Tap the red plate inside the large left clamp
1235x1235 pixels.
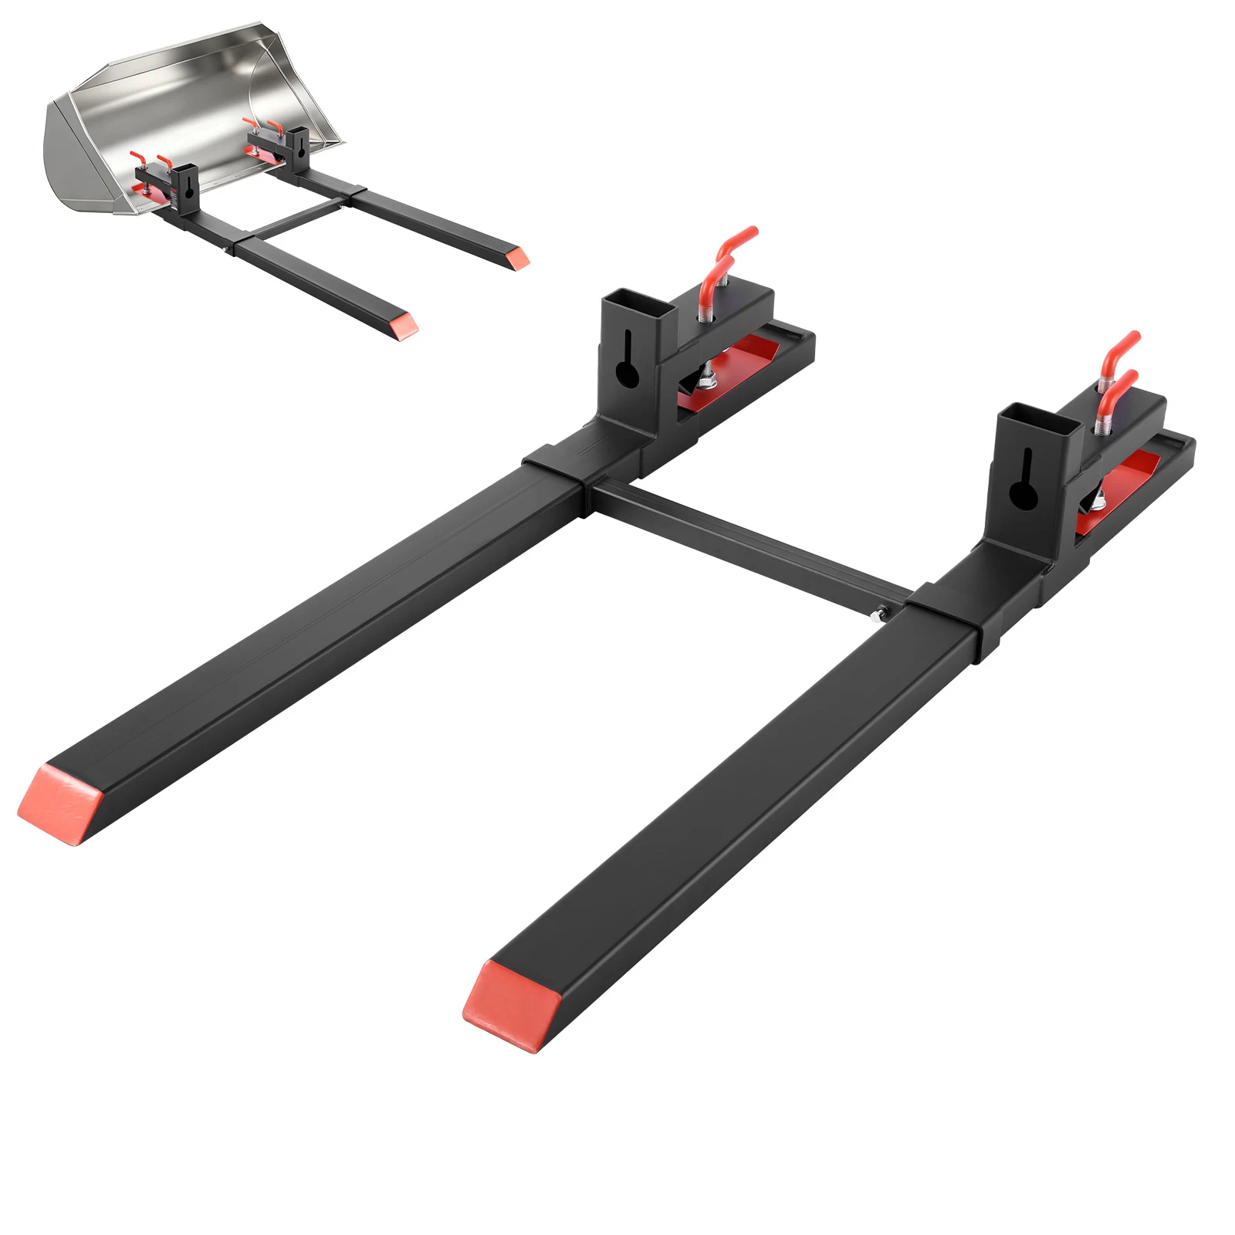(733, 370)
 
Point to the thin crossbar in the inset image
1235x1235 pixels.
(297, 218)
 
